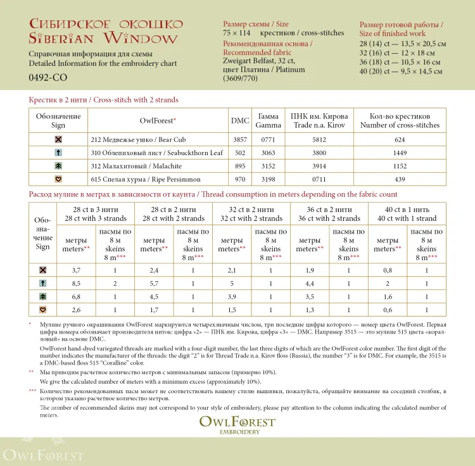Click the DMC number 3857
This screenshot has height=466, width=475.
[x=240, y=139]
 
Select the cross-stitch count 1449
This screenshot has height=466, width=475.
[x=399, y=153]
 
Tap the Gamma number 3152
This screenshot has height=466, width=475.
[x=268, y=166]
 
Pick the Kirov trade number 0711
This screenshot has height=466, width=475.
[x=319, y=179]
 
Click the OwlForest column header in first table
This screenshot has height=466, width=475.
[x=157, y=120]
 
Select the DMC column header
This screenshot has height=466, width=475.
[x=240, y=120]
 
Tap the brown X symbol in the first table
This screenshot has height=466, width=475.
[x=58, y=139]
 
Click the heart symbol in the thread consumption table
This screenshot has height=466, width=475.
[x=42, y=310]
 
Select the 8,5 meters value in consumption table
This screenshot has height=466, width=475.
[x=76, y=283]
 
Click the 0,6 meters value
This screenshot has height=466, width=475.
[x=388, y=310]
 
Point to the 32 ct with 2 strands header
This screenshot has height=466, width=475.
[x=251, y=213]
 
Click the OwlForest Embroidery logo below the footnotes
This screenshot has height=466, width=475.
[x=237, y=424]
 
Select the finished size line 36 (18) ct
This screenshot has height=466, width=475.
[x=399, y=62]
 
